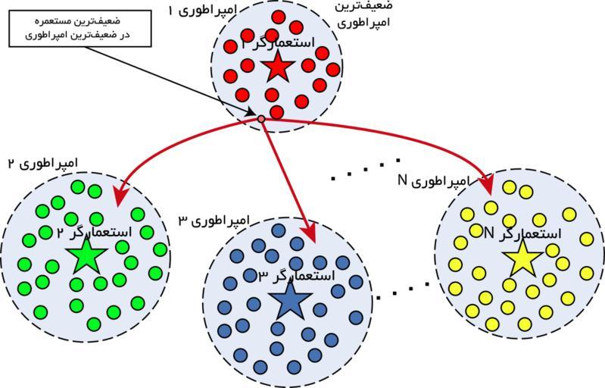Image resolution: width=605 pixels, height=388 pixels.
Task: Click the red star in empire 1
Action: pos(278,69)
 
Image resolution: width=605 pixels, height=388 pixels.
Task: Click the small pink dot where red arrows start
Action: pos(261,119)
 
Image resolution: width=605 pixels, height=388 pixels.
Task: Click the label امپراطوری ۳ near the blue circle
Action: pos(214,221)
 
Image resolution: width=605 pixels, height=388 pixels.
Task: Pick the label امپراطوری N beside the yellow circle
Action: pos(434,182)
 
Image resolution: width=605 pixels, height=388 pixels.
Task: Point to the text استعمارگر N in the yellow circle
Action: pos(522,233)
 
